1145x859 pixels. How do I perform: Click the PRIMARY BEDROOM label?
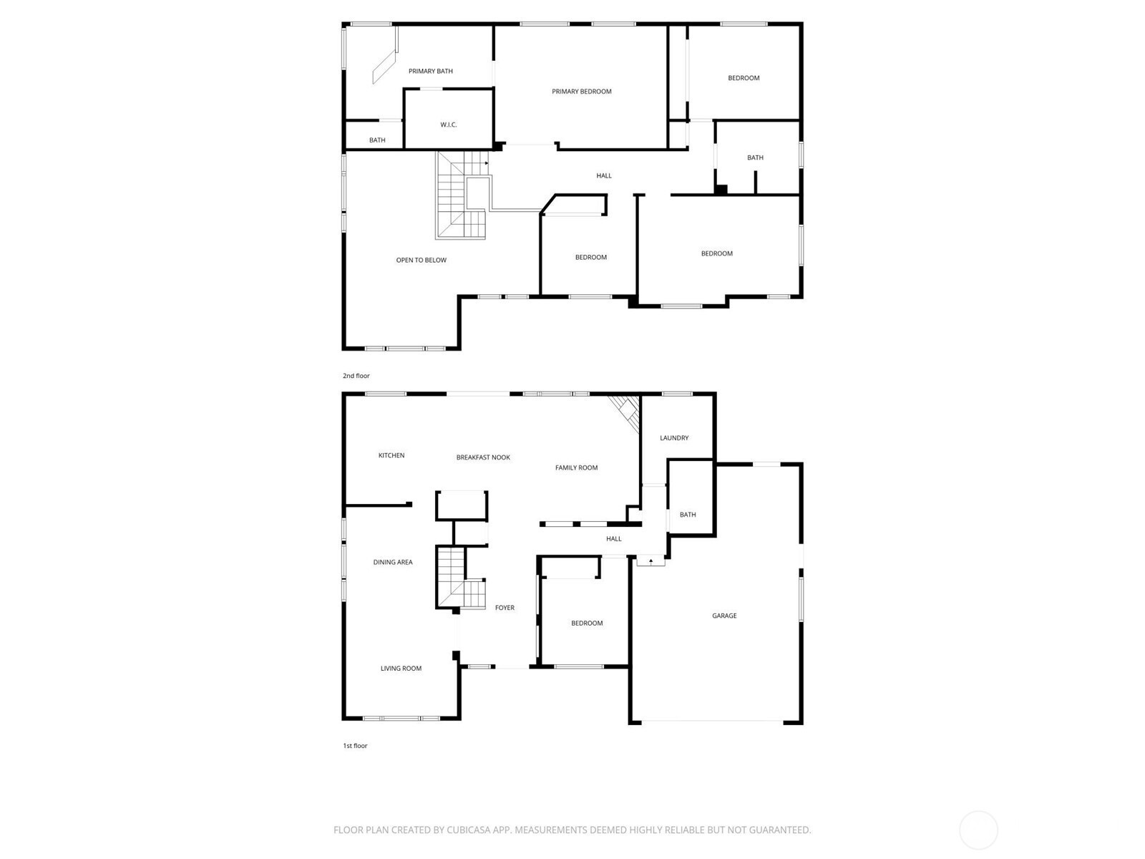[581, 92]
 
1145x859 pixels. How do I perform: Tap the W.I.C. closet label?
[448, 125]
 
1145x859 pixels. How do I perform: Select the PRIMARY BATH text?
[430, 71]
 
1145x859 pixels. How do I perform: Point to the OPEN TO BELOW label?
[421, 260]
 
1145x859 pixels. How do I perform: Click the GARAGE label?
[724, 616]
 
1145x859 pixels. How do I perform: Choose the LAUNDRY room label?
[674, 437]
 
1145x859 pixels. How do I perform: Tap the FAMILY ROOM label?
[576, 467]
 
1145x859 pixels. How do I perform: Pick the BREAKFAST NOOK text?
[483, 457]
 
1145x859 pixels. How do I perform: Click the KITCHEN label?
[391, 455]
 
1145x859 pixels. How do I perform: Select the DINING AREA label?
[393, 562]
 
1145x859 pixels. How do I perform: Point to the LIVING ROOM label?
[401, 668]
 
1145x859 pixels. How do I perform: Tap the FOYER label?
[505, 608]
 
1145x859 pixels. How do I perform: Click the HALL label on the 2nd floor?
[603, 176]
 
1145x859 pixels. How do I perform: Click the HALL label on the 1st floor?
[613, 539]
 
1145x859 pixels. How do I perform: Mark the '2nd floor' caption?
[356, 376]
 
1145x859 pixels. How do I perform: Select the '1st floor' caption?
[355, 745]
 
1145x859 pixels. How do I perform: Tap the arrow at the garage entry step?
[651, 561]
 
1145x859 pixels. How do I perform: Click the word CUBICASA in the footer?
[469, 829]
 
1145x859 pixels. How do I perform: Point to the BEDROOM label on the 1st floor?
[586, 623]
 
